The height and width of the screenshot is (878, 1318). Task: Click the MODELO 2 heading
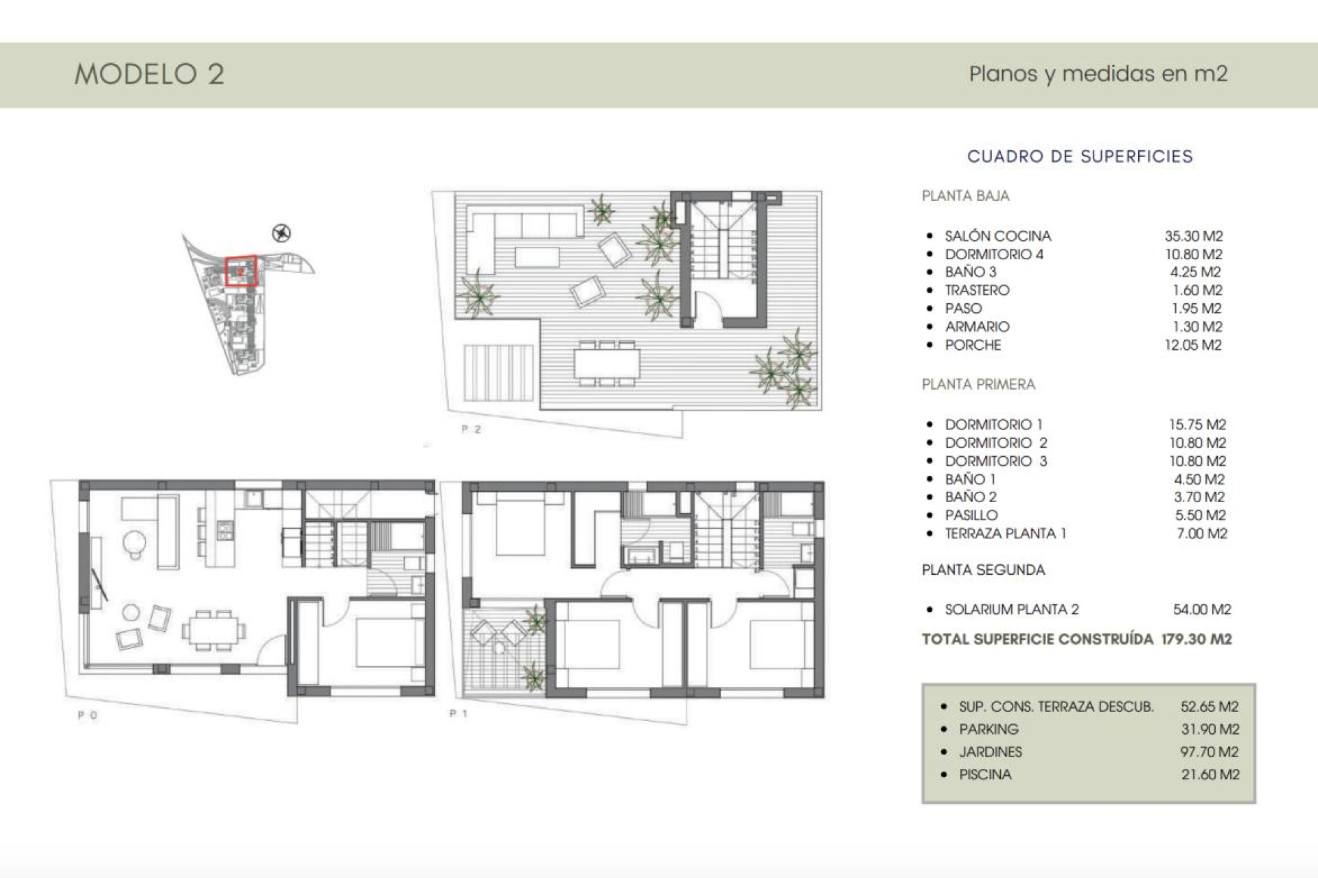tap(149, 74)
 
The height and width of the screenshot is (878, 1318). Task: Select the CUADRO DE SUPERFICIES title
tap(1080, 156)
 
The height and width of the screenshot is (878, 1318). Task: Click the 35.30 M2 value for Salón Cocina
tap(1194, 236)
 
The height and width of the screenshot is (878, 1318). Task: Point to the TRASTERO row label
tap(977, 290)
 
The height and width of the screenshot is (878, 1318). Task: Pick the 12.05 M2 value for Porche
tap(1193, 345)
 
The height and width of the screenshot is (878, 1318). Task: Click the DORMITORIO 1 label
tap(993, 425)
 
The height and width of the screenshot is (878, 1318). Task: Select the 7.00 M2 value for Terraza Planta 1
tap(1201, 533)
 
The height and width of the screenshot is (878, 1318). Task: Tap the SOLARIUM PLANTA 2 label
tap(1011, 609)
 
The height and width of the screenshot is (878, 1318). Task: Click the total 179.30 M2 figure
tap(1196, 639)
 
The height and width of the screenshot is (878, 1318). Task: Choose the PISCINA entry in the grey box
tap(985, 774)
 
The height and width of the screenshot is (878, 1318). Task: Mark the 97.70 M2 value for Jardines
tap(1210, 752)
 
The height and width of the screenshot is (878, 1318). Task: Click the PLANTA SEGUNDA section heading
tap(983, 569)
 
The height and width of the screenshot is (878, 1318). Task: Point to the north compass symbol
tap(281, 233)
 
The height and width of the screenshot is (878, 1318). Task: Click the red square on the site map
tap(241, 272)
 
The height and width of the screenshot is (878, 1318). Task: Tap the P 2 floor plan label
tap(471, 429)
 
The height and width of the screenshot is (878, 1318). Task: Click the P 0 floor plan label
tap(87, 715)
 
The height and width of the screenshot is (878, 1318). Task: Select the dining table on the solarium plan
tap(607, 364)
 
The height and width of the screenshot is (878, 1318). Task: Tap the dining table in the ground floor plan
tap(213, 629)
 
